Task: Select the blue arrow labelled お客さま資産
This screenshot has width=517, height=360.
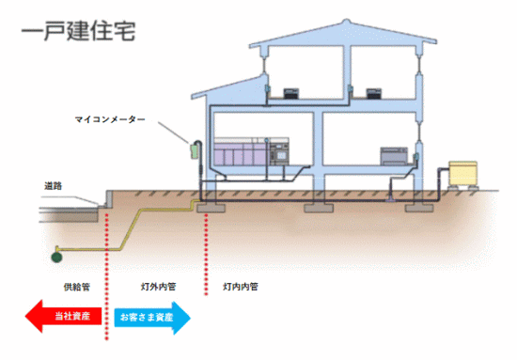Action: point(153,318)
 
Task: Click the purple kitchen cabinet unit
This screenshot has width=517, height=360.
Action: point(240,153)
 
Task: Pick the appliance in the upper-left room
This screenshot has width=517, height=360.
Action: point(293,94)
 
